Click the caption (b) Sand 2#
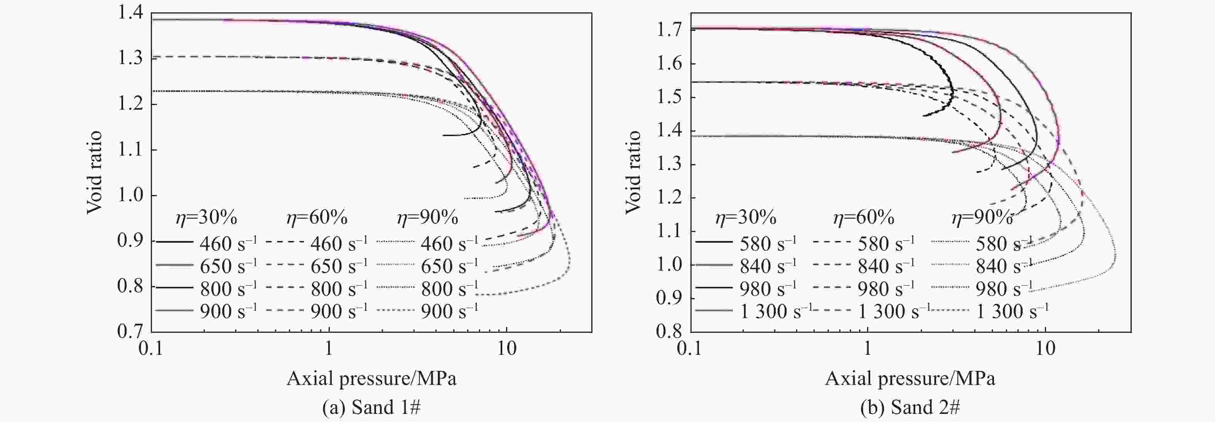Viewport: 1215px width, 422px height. coord(910,407)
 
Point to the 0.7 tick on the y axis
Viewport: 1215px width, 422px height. coord(130,331)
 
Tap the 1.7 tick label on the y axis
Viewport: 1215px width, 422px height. coord(669,30)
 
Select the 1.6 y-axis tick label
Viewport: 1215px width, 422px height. coord(669,63)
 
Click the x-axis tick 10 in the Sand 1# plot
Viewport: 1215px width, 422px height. coord(506,349)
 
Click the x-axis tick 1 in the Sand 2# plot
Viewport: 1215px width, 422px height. coord(867,349)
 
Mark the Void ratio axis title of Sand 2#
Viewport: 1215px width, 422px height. coord(633,172)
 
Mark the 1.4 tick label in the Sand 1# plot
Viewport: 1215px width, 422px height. coord(130,13)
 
